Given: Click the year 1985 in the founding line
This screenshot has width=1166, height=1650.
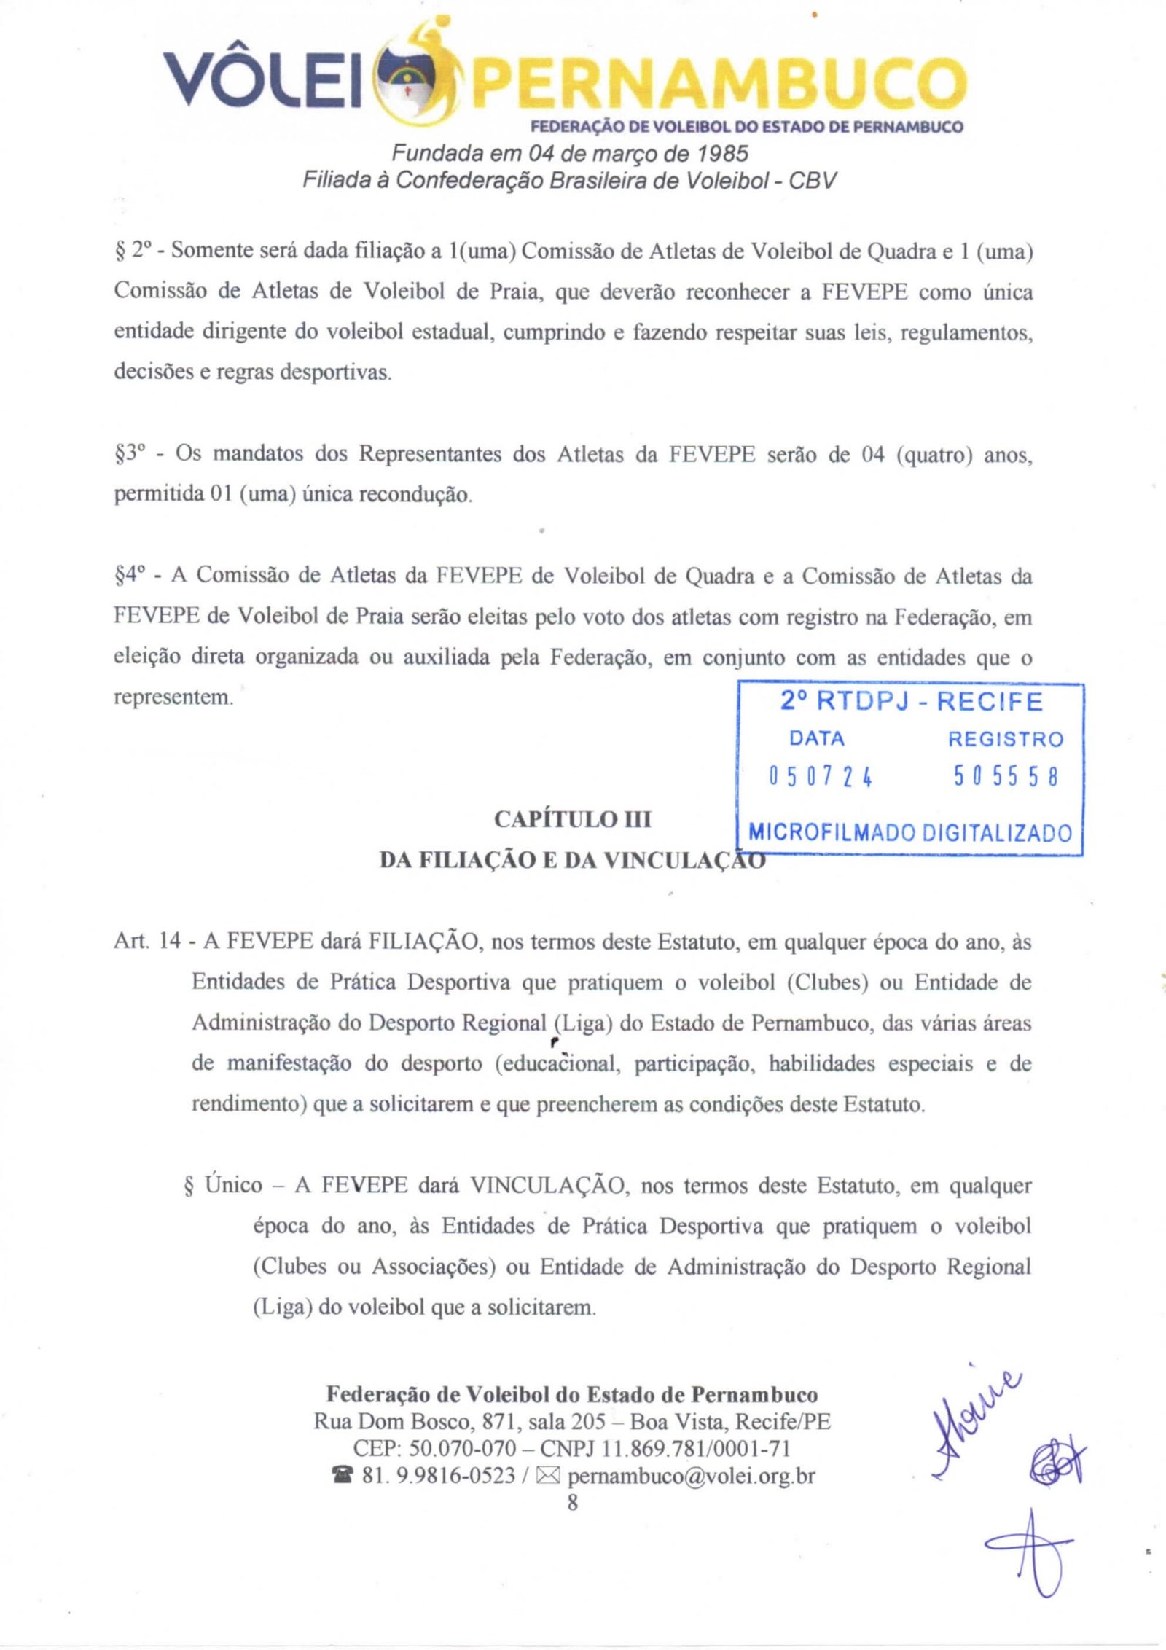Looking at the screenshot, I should [x=722, y=155].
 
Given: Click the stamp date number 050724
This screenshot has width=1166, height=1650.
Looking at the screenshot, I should [x=821, y=778].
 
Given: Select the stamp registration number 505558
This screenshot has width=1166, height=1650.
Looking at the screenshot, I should [x=1006, y=778].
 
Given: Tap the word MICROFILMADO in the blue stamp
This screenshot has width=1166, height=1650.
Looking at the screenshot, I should [x=832, y=832].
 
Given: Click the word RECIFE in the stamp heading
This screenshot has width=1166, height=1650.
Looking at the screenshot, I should [x=990, y=702].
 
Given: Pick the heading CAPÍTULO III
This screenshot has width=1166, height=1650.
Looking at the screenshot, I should [x=572, y=820].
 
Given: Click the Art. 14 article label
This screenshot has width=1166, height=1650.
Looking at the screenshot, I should [x=146, y=941].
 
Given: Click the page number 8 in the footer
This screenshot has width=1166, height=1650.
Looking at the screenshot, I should [x=572, y=1502].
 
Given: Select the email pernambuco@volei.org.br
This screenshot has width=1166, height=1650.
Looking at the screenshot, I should [x=691, y=1476].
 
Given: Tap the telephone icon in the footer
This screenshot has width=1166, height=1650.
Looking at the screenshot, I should [x=340, y=1477].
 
